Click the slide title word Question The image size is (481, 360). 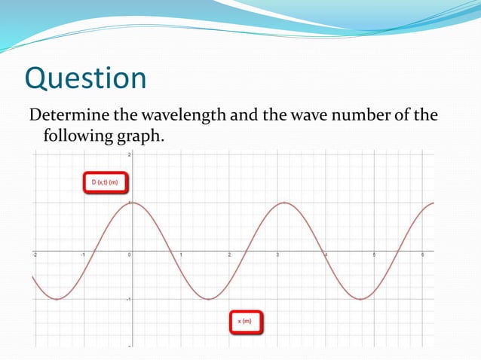[x=85, y=79]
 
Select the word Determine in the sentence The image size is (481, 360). [x=66, y=115]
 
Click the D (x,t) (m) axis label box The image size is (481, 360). [x=105, y=183]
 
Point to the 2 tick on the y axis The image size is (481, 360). [x=129, y=154]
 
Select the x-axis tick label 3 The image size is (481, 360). [x=277, y=255]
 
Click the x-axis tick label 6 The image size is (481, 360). [x=423, y=255]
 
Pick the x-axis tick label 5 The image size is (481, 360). [x=374, y=255]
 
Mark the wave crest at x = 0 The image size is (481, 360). [x=132, y=203]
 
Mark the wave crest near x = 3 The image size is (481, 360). [x=284, y=203]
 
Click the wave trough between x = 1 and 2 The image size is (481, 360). [x=208, y=299]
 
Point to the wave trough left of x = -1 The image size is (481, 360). [x=56, y=299]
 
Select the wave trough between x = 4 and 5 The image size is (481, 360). [x=361, y=299]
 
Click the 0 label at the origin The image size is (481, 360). [x=129, y=255]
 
